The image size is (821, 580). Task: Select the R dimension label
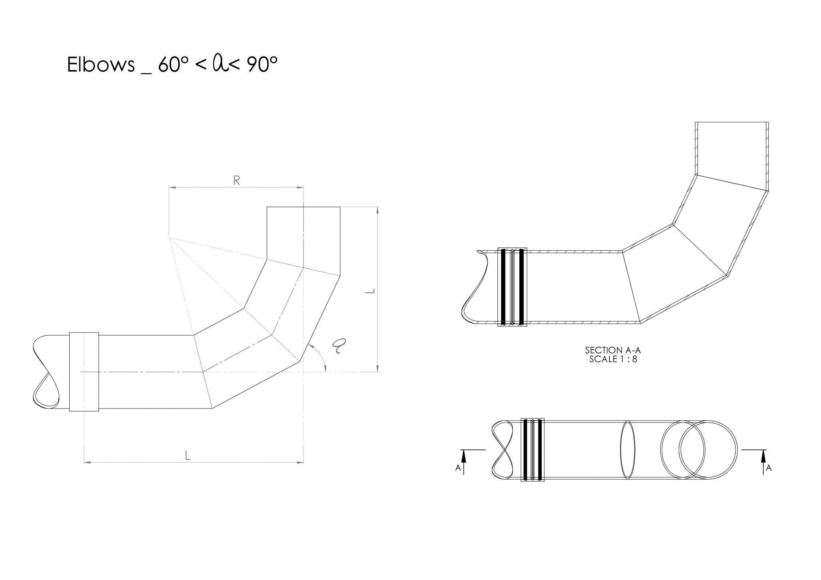237,181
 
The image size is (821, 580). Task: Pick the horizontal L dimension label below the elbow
187,455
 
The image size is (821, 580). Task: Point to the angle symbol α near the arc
340,345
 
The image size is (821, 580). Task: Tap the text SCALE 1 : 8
613,359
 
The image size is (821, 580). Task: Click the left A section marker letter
458,467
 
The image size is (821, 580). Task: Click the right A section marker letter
768,467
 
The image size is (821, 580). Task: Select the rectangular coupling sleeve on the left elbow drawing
84,371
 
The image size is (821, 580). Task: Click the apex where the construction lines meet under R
169,238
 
